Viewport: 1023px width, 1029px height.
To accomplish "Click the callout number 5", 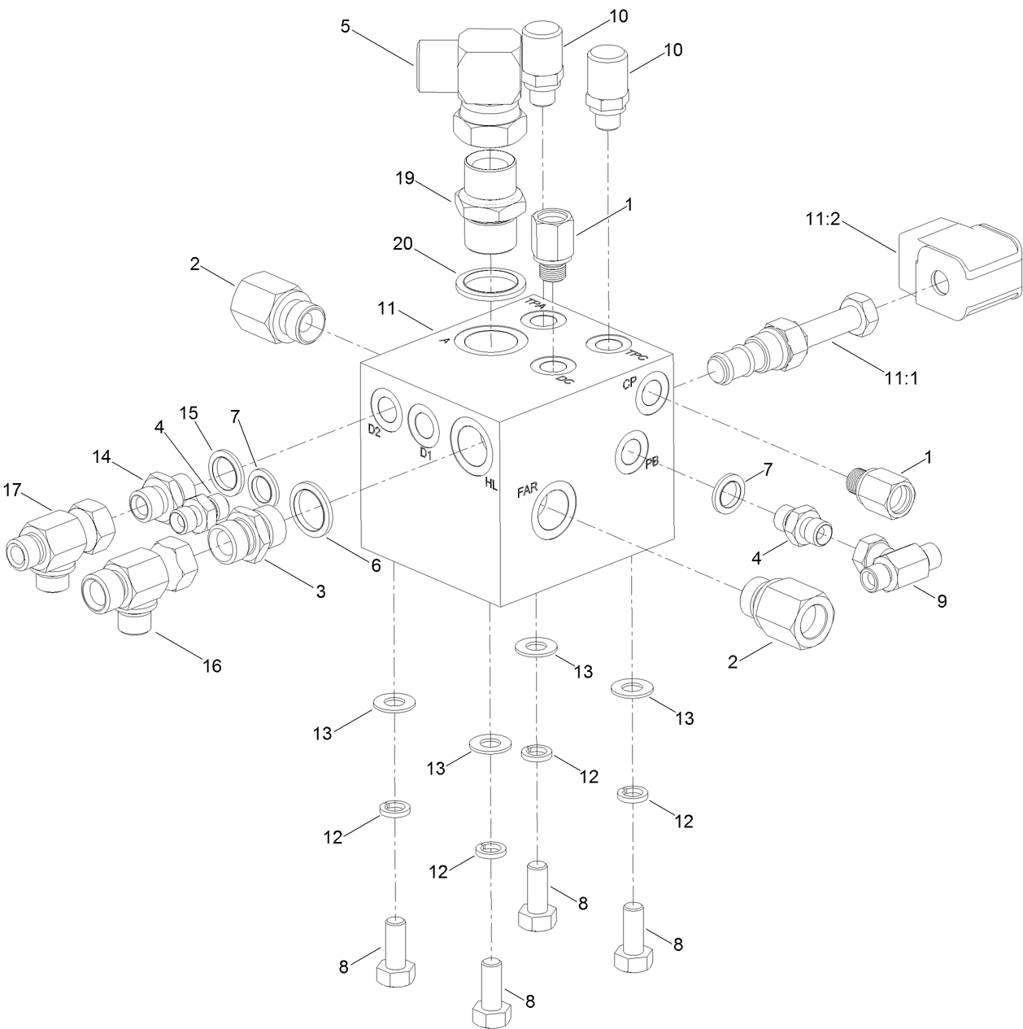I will pos(345,26).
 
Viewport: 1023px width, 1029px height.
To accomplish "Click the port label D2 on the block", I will pos(374,431).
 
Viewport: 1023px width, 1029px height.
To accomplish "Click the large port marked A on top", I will pos(491,340).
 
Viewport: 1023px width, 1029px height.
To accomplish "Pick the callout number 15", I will pos(189,413).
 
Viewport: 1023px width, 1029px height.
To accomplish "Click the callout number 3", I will pos(320,591).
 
